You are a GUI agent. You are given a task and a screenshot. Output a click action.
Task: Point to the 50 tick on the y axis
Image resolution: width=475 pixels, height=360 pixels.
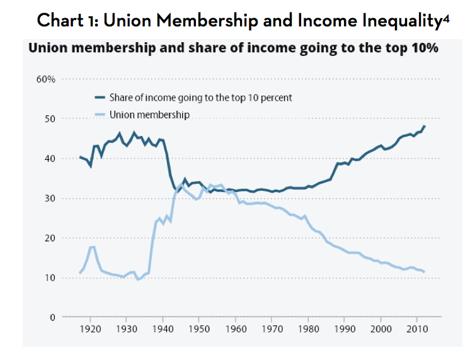click(x=50, y=119)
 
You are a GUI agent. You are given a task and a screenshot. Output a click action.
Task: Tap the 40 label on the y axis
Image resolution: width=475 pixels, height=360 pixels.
click(x=50, y=159)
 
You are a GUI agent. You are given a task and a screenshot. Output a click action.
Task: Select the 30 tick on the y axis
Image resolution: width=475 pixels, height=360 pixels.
click(x=50, y=198)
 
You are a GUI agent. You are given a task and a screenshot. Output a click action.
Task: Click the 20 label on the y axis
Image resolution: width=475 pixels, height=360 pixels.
click(x=50, y=238)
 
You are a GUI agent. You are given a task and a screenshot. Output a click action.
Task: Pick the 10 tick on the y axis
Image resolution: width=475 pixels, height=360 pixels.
click(x=50, y=278)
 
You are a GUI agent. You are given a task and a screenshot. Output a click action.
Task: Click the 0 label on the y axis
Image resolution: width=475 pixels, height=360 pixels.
click(x=53, y=317)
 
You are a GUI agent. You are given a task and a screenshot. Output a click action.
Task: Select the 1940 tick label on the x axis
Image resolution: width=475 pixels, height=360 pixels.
click(x=163, y=329)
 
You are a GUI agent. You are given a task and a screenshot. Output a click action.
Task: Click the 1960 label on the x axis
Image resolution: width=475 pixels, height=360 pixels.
click(x=236, y=329)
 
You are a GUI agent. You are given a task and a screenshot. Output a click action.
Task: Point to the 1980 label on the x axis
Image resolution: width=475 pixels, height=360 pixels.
click(x=308, y=329)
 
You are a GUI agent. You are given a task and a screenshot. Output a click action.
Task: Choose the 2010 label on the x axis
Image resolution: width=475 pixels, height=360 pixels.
click(x=416, y=329)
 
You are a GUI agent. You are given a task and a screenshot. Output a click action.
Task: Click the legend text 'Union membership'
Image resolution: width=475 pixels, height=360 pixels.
click(x=149, y=115)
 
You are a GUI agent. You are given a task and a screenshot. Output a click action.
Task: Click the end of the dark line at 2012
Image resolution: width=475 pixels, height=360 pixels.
click(x=424, y=126)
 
